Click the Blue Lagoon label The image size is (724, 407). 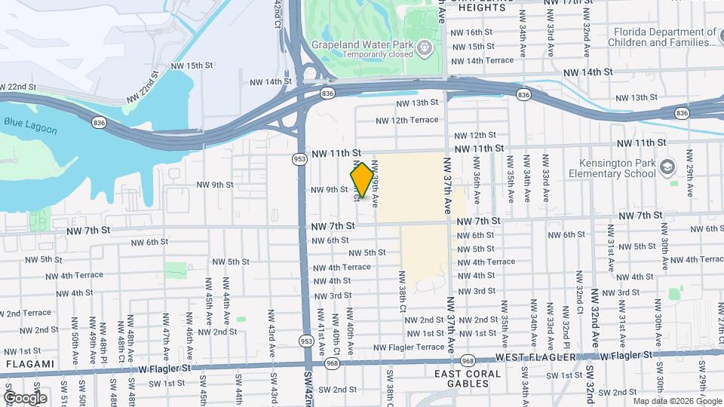pyautogui.click(x=30, y=125)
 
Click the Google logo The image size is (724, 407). pyautogui.click(x=24, y=397)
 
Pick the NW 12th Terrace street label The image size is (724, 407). pyautogui.click(x=406, y=120)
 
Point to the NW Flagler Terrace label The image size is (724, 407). pyautogui.click(x=410, y=347)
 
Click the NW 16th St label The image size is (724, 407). pyautogui.click(x=471, y=32)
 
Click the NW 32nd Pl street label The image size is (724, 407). pyautogui.click(x=566, y=322)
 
